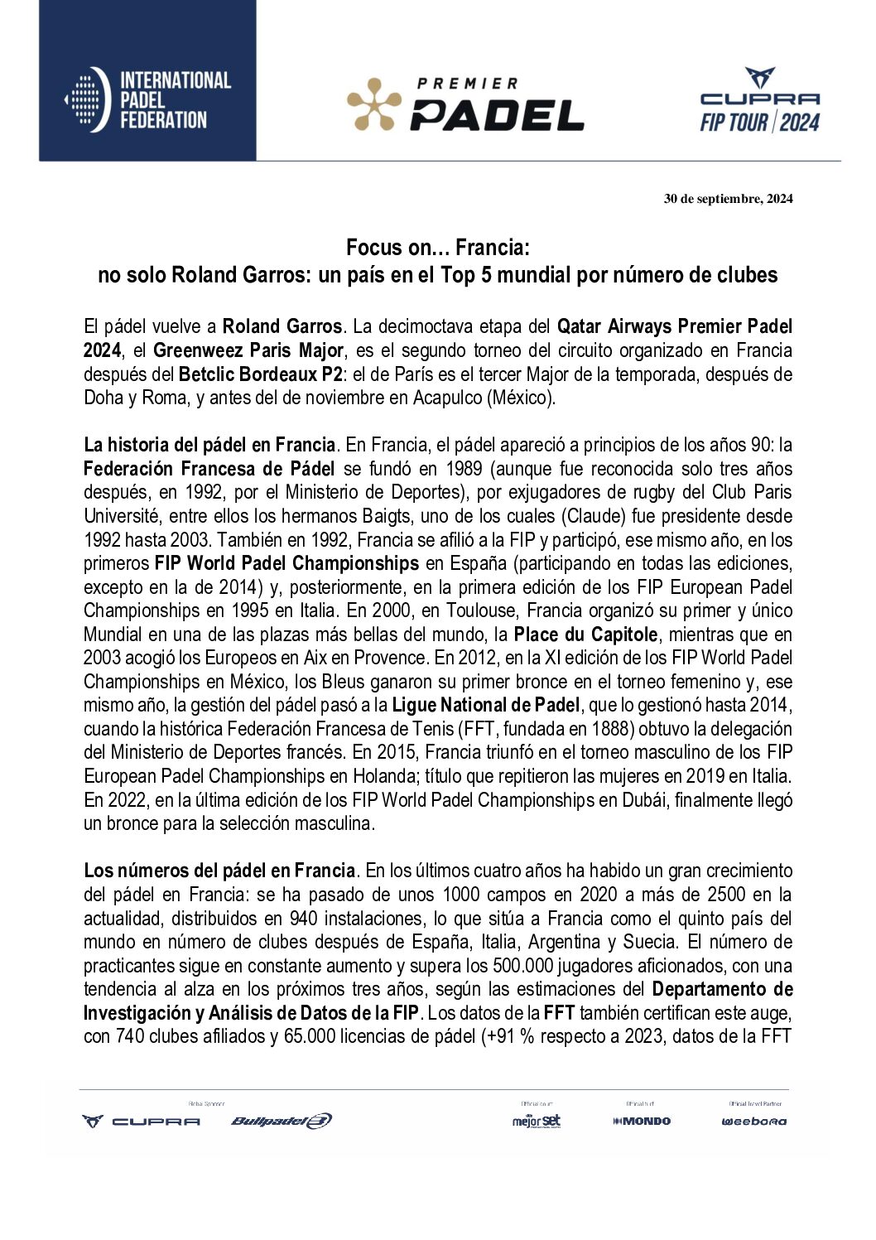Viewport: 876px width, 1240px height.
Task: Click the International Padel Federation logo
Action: coord(148,100)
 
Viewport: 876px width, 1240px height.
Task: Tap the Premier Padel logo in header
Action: coord(465,105)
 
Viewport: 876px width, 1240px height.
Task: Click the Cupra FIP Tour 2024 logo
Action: coord(759,101)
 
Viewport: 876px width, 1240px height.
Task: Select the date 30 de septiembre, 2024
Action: coord(728,199)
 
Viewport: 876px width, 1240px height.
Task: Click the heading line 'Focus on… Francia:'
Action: coord(437,248)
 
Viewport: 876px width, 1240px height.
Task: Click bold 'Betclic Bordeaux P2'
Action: coord(261,374)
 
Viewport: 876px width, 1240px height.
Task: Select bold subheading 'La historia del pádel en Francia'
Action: coord(209,446)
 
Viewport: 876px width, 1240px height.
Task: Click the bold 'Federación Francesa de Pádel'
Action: coord(209,469)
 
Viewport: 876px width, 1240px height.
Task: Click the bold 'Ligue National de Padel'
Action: coord(486,706)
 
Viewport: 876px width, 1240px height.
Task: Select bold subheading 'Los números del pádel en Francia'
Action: coord(219,871)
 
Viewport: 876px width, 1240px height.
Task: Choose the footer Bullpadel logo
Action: coord(282,1121)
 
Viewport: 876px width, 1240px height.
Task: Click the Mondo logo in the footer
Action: coord(642,1121)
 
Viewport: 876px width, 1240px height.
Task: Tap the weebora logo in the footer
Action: coord(753,1122)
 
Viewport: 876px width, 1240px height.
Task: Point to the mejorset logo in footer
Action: coord(536,1121)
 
